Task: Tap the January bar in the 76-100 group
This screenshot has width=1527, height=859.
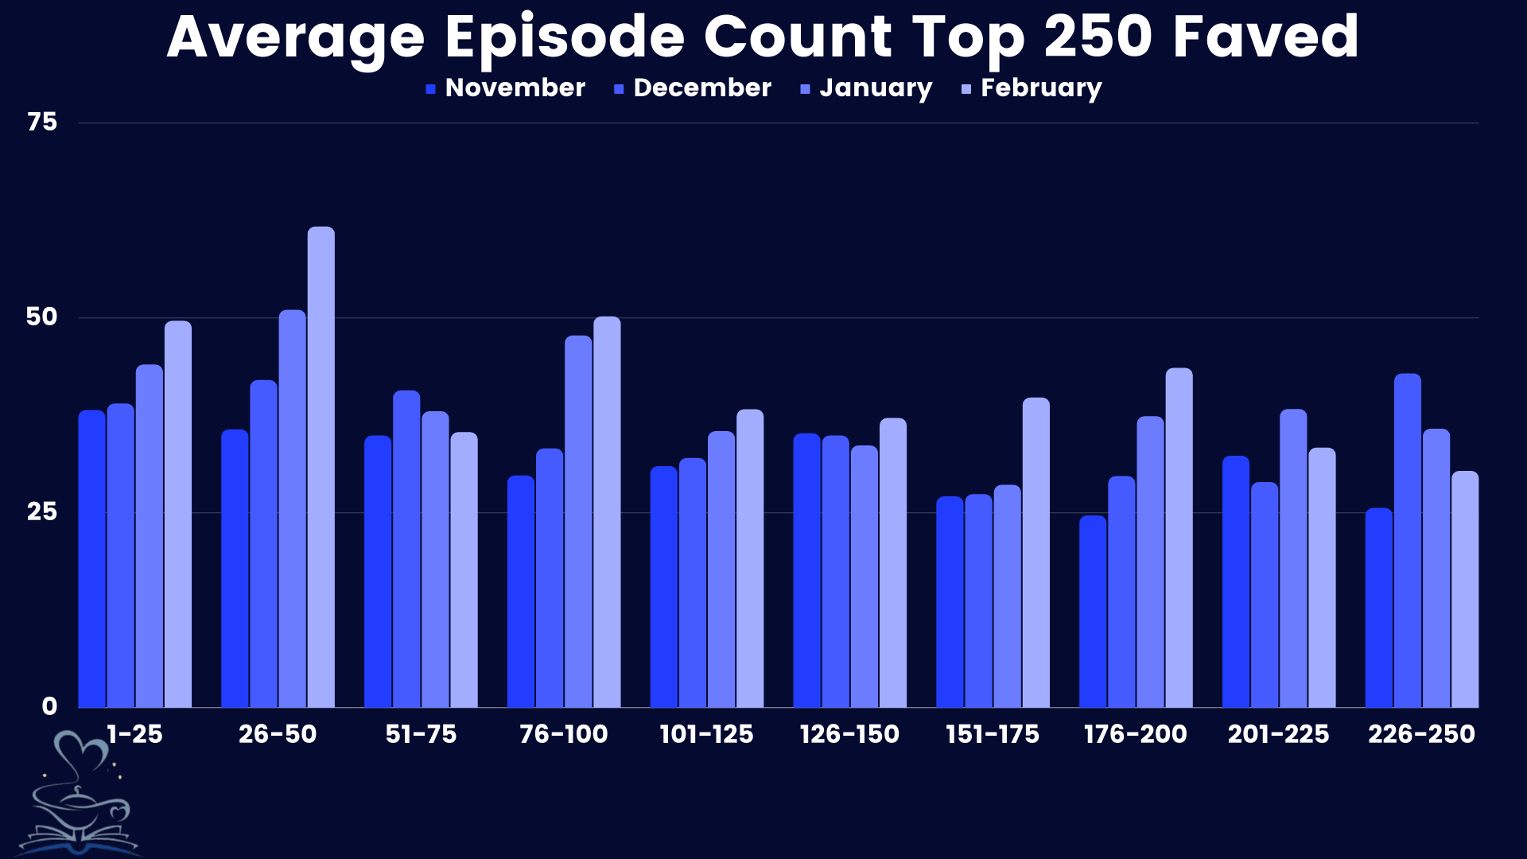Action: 578,522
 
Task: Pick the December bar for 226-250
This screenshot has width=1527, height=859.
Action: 1407,541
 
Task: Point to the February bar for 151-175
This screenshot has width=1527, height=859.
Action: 1035,553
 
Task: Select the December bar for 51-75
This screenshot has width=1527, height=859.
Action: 406,549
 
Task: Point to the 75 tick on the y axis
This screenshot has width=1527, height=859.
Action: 42,122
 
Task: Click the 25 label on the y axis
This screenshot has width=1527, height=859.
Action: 42,511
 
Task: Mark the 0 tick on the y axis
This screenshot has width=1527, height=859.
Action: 49,706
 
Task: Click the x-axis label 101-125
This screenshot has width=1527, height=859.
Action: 706,734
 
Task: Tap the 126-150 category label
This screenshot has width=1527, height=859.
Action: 849,734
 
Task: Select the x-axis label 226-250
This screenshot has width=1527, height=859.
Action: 1421,734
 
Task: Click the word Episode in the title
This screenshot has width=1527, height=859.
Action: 564,38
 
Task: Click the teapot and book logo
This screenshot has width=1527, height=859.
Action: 80,795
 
